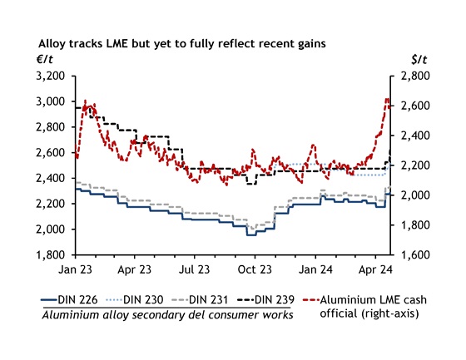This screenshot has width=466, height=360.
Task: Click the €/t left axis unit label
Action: coord(47,58)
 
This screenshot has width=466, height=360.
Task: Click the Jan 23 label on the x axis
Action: coord(75,270)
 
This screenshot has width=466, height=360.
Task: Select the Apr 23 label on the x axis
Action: coord(134,270)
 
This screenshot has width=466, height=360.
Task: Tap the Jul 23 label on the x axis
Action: coord(194,270)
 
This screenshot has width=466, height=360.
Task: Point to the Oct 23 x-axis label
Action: coord(254,270)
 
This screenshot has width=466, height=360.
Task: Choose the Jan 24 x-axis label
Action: coord(314,270)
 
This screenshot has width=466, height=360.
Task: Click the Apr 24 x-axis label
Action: coord(373,270)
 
